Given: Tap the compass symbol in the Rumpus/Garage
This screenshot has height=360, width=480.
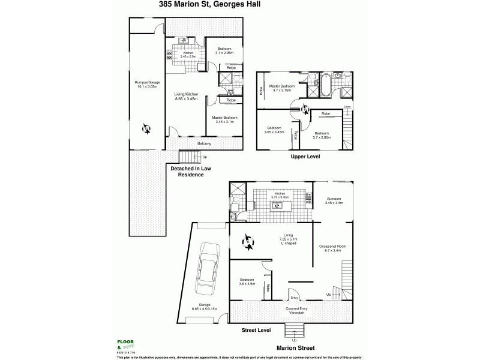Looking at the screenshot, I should coord(146,127).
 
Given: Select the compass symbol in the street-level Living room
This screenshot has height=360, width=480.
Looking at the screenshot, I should coord(249,242).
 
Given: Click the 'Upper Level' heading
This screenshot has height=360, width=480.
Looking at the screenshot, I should coord(305,156).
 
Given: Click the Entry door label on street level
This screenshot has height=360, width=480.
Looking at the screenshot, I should coord(294,298).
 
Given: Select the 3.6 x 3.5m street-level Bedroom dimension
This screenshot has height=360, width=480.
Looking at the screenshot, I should coord(248,284).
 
